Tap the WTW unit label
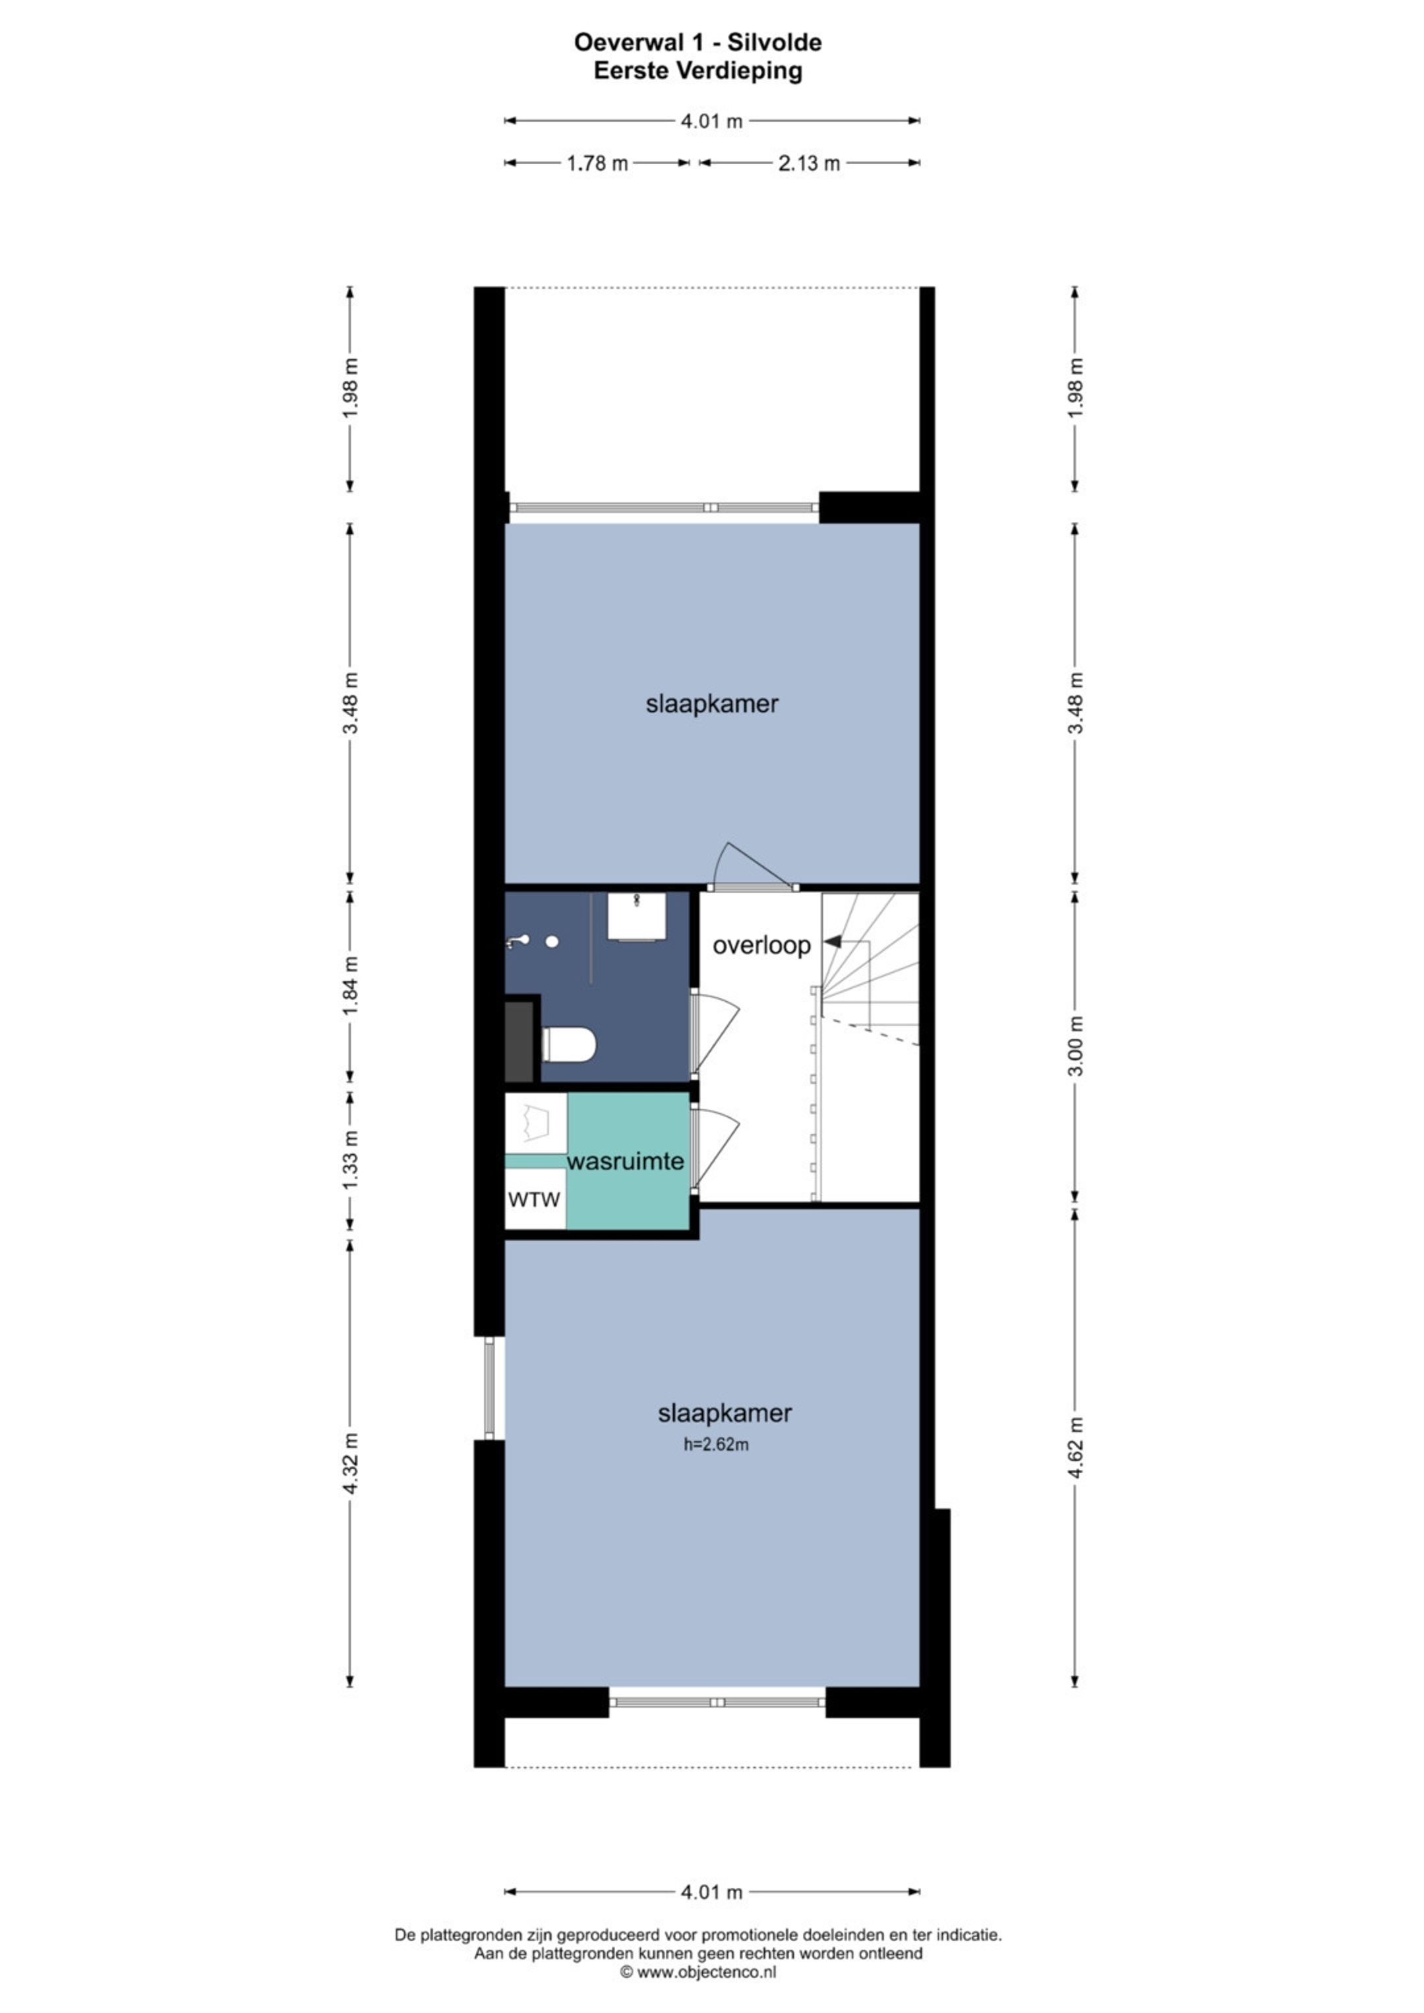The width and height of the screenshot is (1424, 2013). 534,1198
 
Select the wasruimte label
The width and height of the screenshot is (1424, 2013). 625,1161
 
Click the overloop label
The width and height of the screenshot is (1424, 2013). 761,945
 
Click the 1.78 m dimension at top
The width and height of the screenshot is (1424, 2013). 597,163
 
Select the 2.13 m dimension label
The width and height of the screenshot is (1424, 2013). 810,163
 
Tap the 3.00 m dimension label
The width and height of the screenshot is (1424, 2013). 1077,1046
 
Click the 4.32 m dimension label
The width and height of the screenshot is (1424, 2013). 351,1463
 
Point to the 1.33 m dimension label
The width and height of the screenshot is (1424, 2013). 351,1159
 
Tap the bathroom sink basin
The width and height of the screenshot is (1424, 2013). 637,916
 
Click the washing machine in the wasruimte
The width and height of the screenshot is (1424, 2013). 536,1123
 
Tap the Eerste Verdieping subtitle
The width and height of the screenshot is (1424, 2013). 698,71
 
